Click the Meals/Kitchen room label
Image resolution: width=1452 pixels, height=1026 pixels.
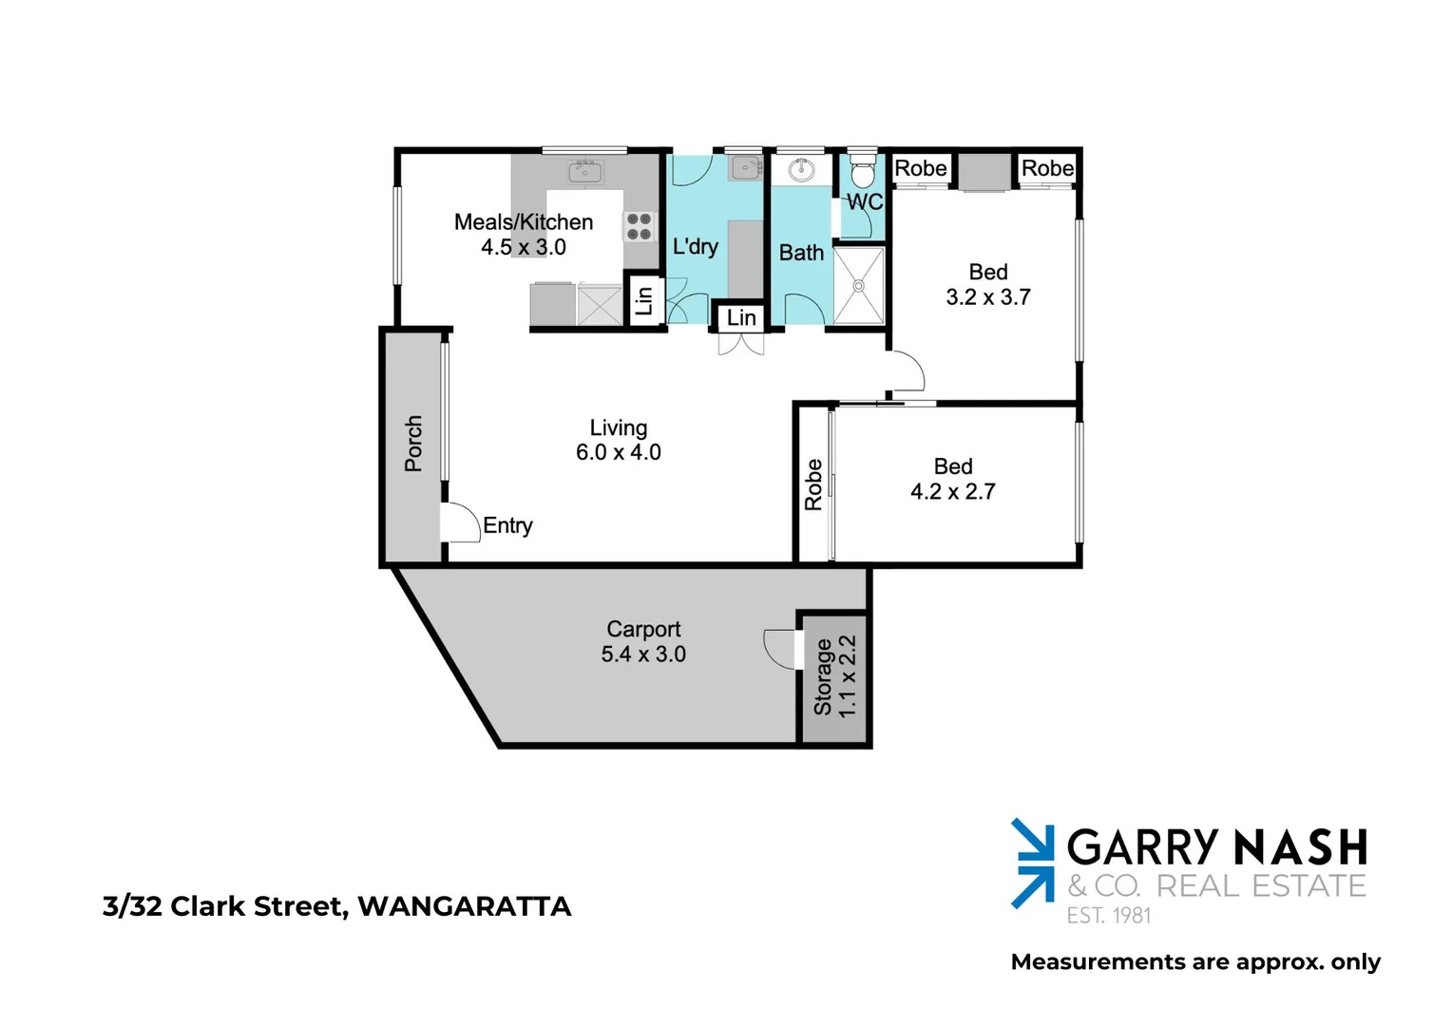click(x=524, y=222)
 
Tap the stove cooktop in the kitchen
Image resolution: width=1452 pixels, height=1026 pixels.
click(x=639, y=226)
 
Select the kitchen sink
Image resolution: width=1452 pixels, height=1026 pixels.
click(x=584, y=172)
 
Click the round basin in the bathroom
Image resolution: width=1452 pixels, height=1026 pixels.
click(x=801, y=171)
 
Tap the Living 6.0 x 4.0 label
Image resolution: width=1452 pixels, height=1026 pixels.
click(x=619, y=440)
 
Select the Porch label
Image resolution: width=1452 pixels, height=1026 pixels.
click(x=413, y=443)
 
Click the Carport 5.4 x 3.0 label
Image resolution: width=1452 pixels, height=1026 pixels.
click(x=643, y=641)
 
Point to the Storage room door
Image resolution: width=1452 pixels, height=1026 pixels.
click(x=781, y=649)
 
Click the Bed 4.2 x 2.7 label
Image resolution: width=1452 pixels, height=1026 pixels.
click(x=953, y=479)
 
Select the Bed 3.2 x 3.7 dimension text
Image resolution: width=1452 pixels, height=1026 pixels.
click(x=988, y=297)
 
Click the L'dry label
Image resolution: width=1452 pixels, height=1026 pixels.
click(x=695, y=247)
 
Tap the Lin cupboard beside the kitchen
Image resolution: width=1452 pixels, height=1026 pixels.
click(x=644, y=300)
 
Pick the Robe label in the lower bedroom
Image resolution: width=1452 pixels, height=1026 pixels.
click(x=813, y=484)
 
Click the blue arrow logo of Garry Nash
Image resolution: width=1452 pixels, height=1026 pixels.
click(x=1033, y=863)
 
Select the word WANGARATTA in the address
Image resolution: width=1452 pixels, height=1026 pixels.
click(x=465, y=906)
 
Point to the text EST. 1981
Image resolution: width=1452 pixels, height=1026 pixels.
click(x=1108, y=916)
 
